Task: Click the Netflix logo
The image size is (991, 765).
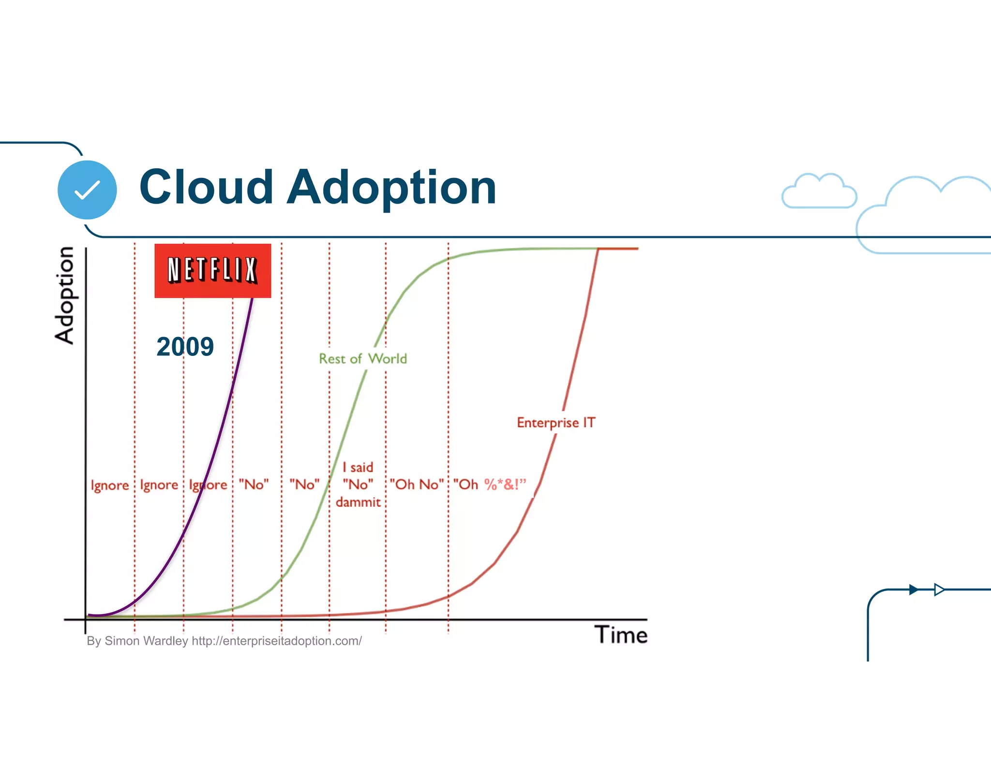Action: pos(212,270)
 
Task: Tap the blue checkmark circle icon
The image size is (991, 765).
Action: pos(87,190)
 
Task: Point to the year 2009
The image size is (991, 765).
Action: pos(185,347)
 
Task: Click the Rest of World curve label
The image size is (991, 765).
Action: pos(362,359)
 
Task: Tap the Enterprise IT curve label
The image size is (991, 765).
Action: pos(556,423)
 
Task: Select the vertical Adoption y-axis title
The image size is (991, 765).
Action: pos(64,295)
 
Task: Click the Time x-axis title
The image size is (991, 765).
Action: pos(621,635)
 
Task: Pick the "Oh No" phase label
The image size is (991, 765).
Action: pos(417,484)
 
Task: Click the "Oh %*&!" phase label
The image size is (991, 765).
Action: pos(489,484)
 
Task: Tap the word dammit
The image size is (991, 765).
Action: pos(358,502)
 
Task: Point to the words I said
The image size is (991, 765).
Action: pos(358,467)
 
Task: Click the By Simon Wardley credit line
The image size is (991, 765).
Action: pos(224,641)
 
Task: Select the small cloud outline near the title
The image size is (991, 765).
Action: pos(819,192)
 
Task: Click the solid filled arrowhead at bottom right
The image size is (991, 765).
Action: pos(913,589)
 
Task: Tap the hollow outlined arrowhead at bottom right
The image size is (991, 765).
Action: pos(939,589)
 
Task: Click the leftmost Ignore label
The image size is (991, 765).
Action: pos(110,485)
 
